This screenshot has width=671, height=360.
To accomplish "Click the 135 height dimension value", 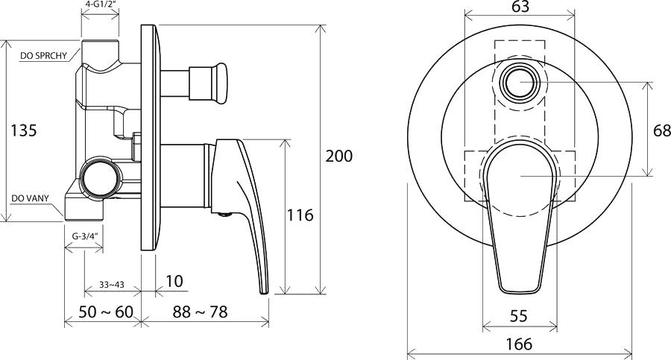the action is [x=24, y=130].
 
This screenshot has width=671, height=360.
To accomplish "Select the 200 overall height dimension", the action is [x=339, y=156].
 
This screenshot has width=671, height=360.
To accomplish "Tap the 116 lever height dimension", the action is [x=300, y=215].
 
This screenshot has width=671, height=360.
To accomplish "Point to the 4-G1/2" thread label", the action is [x=101, y=4].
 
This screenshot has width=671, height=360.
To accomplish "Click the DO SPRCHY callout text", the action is [x=44, y=56].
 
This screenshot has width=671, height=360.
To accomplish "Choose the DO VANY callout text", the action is [x=30, y=198].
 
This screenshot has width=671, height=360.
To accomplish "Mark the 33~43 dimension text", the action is [x=112, y=284].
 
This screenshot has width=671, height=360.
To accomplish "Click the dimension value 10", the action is [x=174, y=281].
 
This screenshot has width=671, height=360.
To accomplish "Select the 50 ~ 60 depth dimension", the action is [x=106, y=312].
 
